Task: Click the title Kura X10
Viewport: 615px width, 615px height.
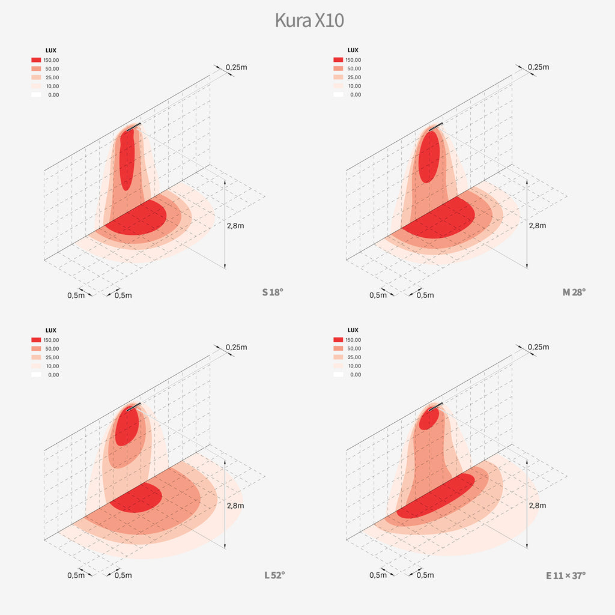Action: (309, 20)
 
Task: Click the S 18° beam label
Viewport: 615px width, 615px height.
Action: (272, 292)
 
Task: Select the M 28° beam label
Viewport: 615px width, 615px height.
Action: (574, 292)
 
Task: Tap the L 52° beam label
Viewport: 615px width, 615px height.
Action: (274, 575)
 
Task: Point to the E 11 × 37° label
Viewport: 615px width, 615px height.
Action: (565, 575)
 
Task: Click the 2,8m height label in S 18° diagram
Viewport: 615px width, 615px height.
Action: (235, 225)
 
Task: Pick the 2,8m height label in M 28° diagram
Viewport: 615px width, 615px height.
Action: (538, 225)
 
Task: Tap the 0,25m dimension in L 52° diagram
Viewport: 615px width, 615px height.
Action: (236, 347)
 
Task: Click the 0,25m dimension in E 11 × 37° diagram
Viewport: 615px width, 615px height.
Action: (538, 347)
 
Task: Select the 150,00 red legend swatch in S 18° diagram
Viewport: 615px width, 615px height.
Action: (36, 60)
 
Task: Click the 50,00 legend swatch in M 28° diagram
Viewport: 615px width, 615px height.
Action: (338, 69)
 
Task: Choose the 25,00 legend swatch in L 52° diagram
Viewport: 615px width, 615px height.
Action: (36, 357)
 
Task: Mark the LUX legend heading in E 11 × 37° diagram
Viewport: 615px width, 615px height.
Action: (353, 330)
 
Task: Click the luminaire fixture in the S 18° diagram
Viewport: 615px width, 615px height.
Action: (134, 126)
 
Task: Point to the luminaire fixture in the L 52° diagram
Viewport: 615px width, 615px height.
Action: (134, 406)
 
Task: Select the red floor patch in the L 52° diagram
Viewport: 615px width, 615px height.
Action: (135, 497)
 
